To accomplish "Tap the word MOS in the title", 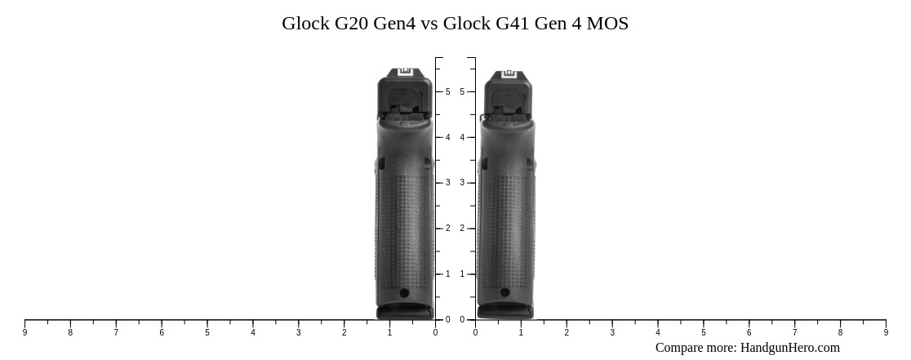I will [607, 24].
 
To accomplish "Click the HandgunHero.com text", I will [789, 348].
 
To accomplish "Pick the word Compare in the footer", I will [681, 348].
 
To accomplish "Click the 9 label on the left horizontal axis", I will [24, 333].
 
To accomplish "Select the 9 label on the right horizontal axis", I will [886, 333].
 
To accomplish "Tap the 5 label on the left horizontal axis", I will [207, 333].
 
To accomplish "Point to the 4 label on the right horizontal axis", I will [658, 333].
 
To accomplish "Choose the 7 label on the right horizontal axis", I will [794, 333].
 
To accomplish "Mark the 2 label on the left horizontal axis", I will [344, 333].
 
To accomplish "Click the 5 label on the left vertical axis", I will [447, 92].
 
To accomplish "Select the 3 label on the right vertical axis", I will [462, 183].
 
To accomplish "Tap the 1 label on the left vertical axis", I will [447, 274].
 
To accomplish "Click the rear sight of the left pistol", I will [405, 72].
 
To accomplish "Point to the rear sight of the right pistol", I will [509, 74].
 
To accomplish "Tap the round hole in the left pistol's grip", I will [404, 293].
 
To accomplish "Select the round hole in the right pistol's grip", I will [504, 293].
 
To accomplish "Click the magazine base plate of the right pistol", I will [505, 312].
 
